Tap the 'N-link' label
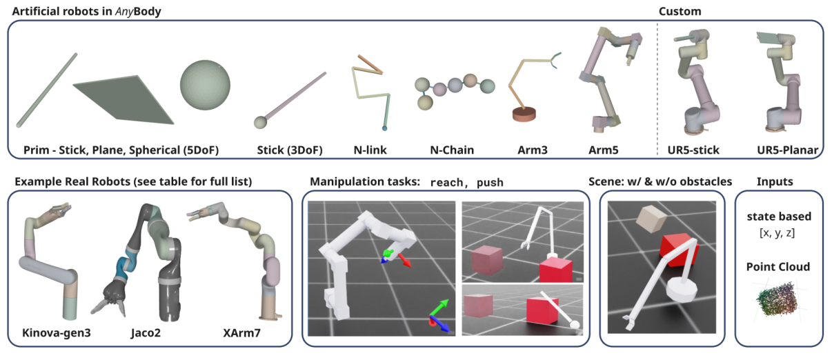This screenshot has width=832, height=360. pyautogui.click(x=369, y=149)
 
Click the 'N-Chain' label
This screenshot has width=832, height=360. pyautogui.click(x=451, y=149)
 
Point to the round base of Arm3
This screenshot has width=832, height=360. pyautogui.click(x=527, y=114)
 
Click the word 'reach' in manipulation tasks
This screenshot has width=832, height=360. pyautogui.click(x=448, y=183)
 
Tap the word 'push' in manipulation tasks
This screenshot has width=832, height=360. pyautogui.click(x=490, y=183)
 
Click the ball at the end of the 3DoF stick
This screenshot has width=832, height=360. pyautogui.click(x=260, y=123)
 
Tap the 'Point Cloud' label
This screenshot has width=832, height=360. pyautogui.click(x=778, y=266)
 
